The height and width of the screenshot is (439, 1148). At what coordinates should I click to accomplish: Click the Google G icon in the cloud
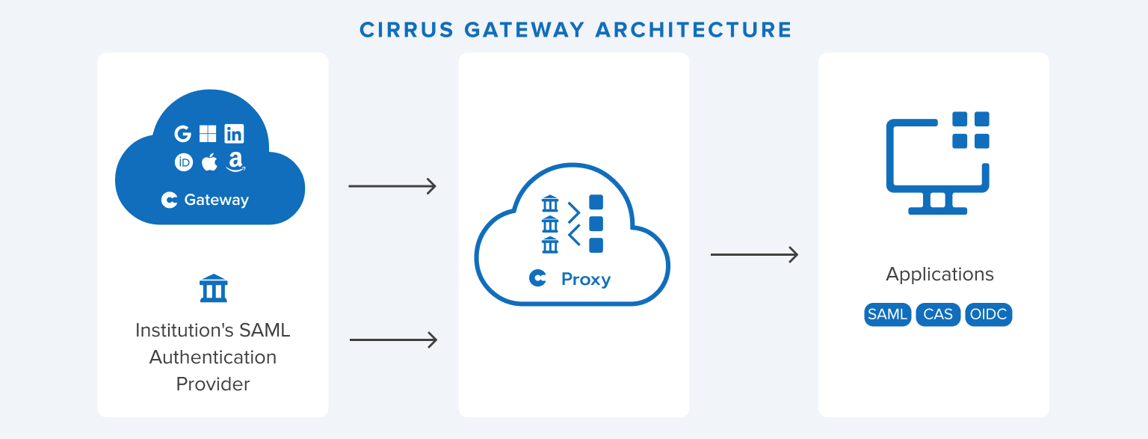[x=183, y=134]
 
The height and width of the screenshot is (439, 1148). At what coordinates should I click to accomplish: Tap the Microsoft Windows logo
[x=208, y=134]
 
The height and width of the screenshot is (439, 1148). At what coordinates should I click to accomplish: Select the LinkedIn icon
[x=234, y=134]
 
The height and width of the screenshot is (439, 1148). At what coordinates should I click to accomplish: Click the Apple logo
[x=209, y=162]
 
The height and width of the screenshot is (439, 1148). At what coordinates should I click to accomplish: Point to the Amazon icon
[x=235, y=162]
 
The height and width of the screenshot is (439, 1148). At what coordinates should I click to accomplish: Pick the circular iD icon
[x=184, y=162]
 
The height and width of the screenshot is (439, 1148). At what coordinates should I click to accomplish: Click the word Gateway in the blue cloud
[x=216, y=200]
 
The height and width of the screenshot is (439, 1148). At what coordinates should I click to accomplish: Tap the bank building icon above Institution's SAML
[x=213, y=288]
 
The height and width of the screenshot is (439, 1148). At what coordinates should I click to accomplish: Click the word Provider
[x=213, y=384]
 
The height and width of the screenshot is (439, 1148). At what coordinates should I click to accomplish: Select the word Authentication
[x=213, y=357]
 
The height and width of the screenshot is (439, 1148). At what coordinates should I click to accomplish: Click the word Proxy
[x=586, y=279]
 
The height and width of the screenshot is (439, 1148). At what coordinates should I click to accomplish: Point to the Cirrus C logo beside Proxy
[x=537, y=278]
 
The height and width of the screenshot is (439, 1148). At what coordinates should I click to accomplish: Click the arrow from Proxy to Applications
[x=754, y=255]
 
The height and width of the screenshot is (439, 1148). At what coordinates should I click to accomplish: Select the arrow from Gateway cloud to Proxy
[x=392, y=186]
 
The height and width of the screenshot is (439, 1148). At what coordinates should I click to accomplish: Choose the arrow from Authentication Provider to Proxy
[x=393, y=340]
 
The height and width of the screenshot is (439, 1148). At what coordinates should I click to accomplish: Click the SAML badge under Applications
[x=887, y=314]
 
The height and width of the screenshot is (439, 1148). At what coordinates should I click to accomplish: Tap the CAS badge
[x=938, y=314]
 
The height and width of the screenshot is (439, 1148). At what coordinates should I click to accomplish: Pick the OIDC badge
[x=989, y=314]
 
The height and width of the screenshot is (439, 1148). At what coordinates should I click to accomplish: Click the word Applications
[x=939, y=274]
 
